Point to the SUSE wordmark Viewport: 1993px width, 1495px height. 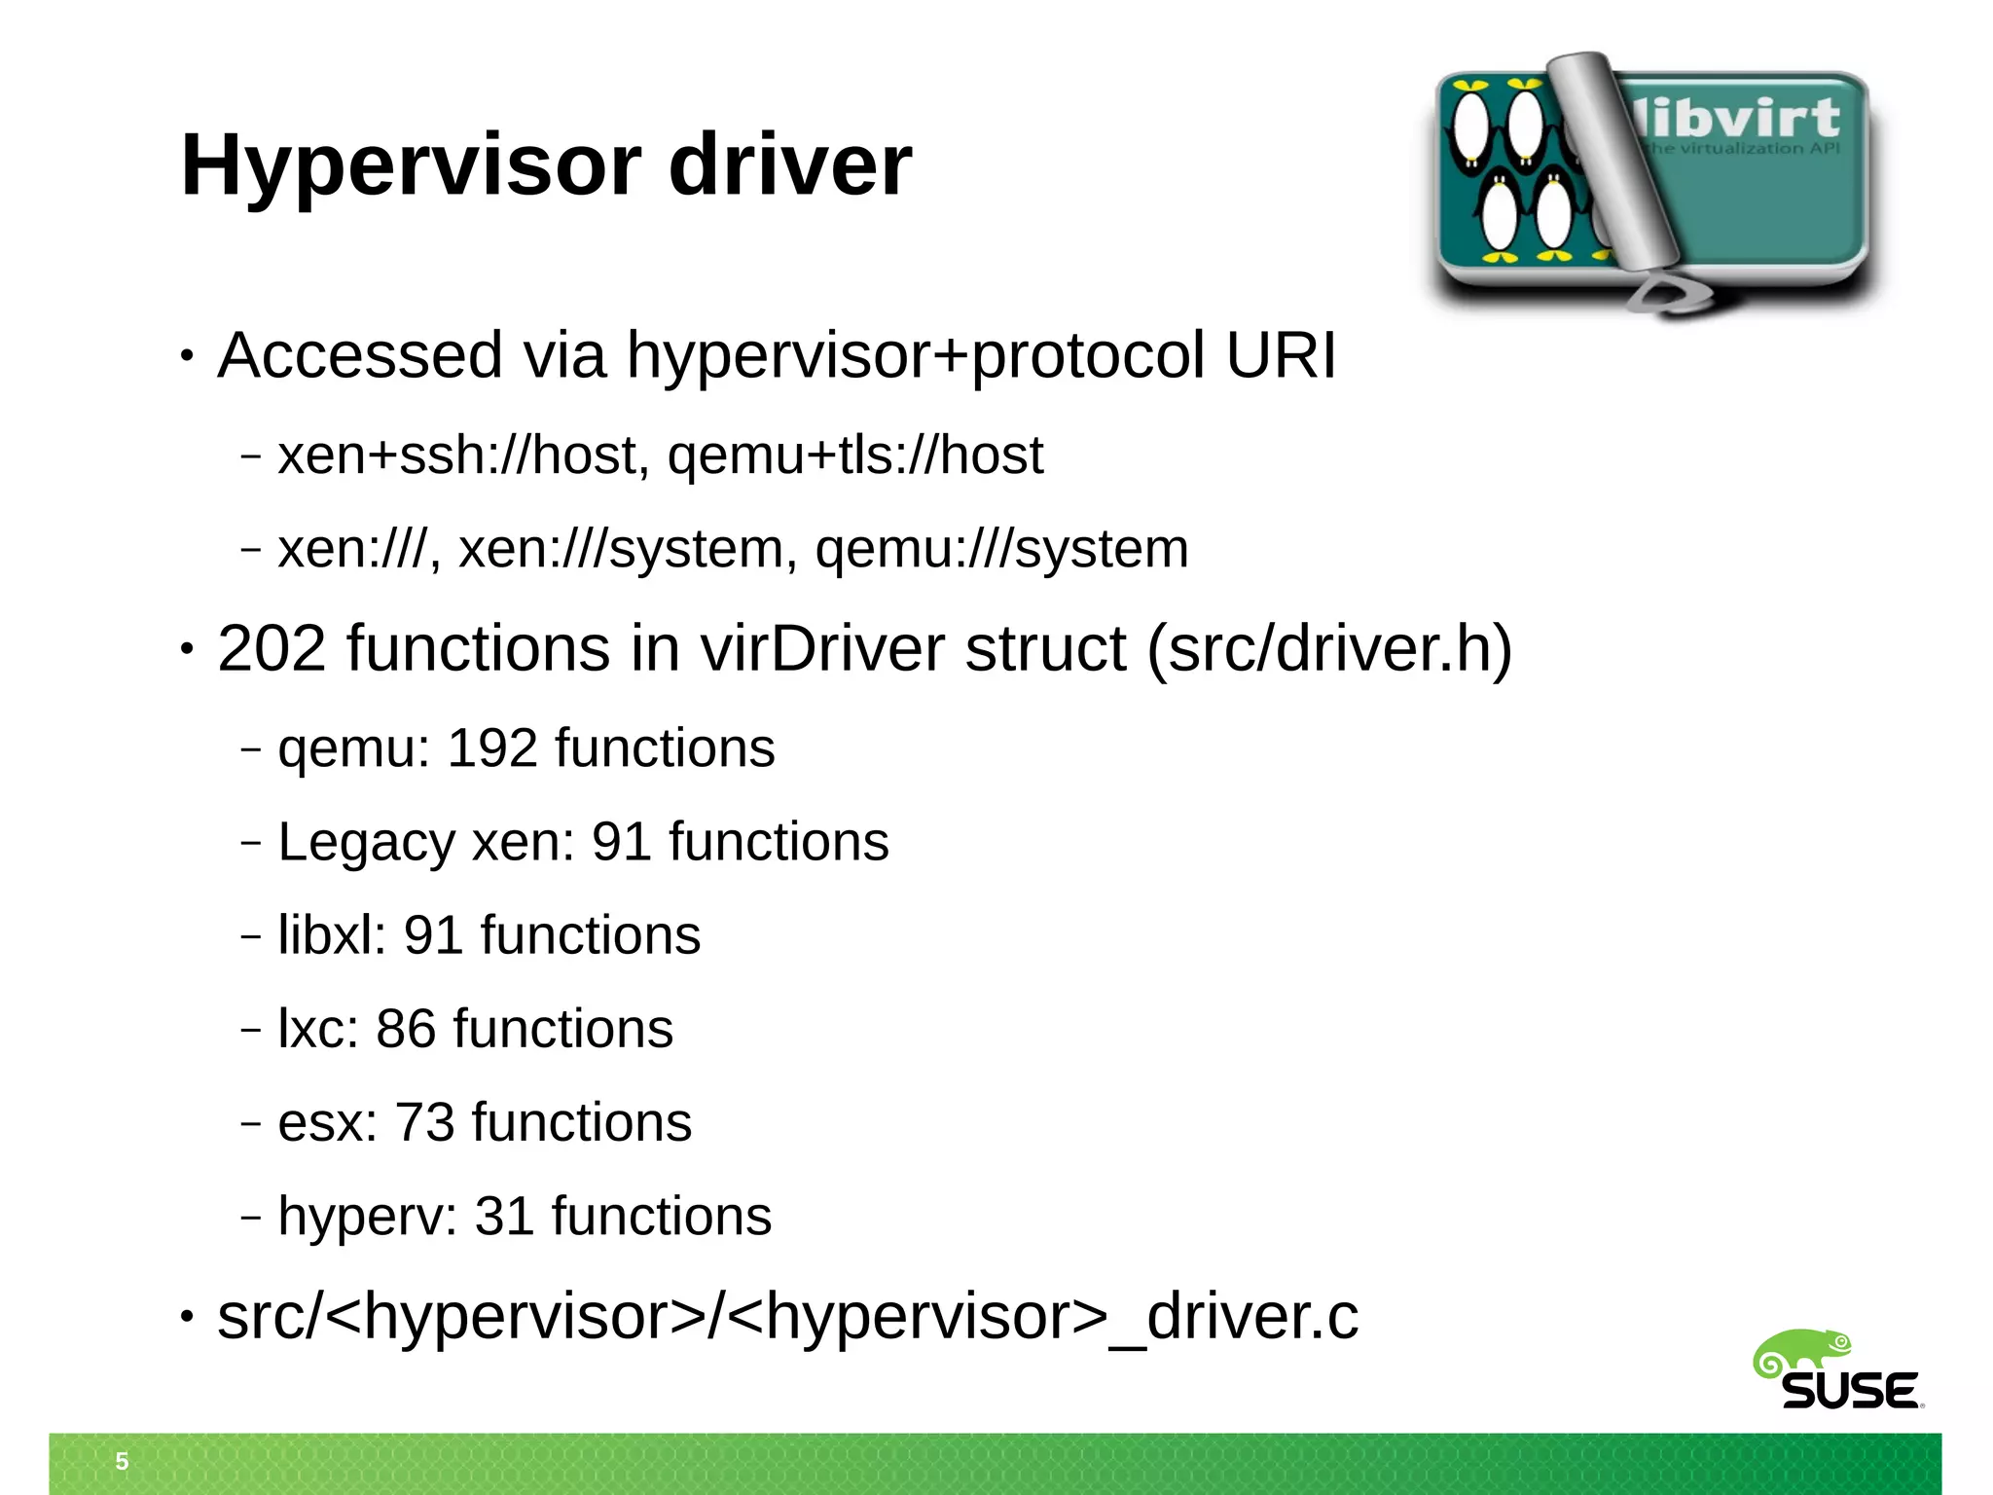click(x=1849, y=1391)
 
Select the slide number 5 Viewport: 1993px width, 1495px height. click(x=122, y=1461)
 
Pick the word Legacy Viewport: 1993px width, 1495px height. click(x=366, y=842)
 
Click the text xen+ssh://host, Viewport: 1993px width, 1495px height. click(x=463, y=456)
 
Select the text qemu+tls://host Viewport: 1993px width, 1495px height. click(x=854, y=456)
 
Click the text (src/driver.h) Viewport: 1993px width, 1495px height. click(x=1329, y=648)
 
